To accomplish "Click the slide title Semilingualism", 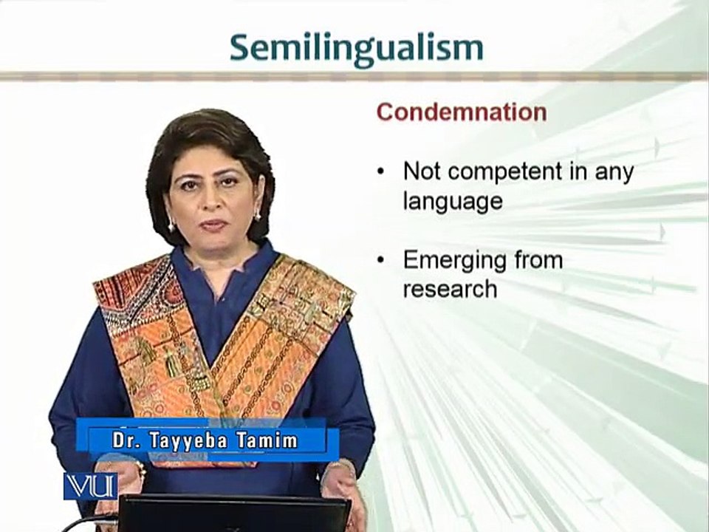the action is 356,50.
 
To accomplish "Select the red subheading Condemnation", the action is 462,112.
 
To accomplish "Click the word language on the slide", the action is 453,201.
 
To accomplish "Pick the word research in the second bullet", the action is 450,289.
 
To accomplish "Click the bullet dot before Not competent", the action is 381,173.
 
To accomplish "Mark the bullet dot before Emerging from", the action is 381,260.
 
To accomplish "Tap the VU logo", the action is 90,486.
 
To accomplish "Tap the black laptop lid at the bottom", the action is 234,514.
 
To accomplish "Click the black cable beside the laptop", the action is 89,522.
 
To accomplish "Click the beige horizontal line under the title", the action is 354,76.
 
